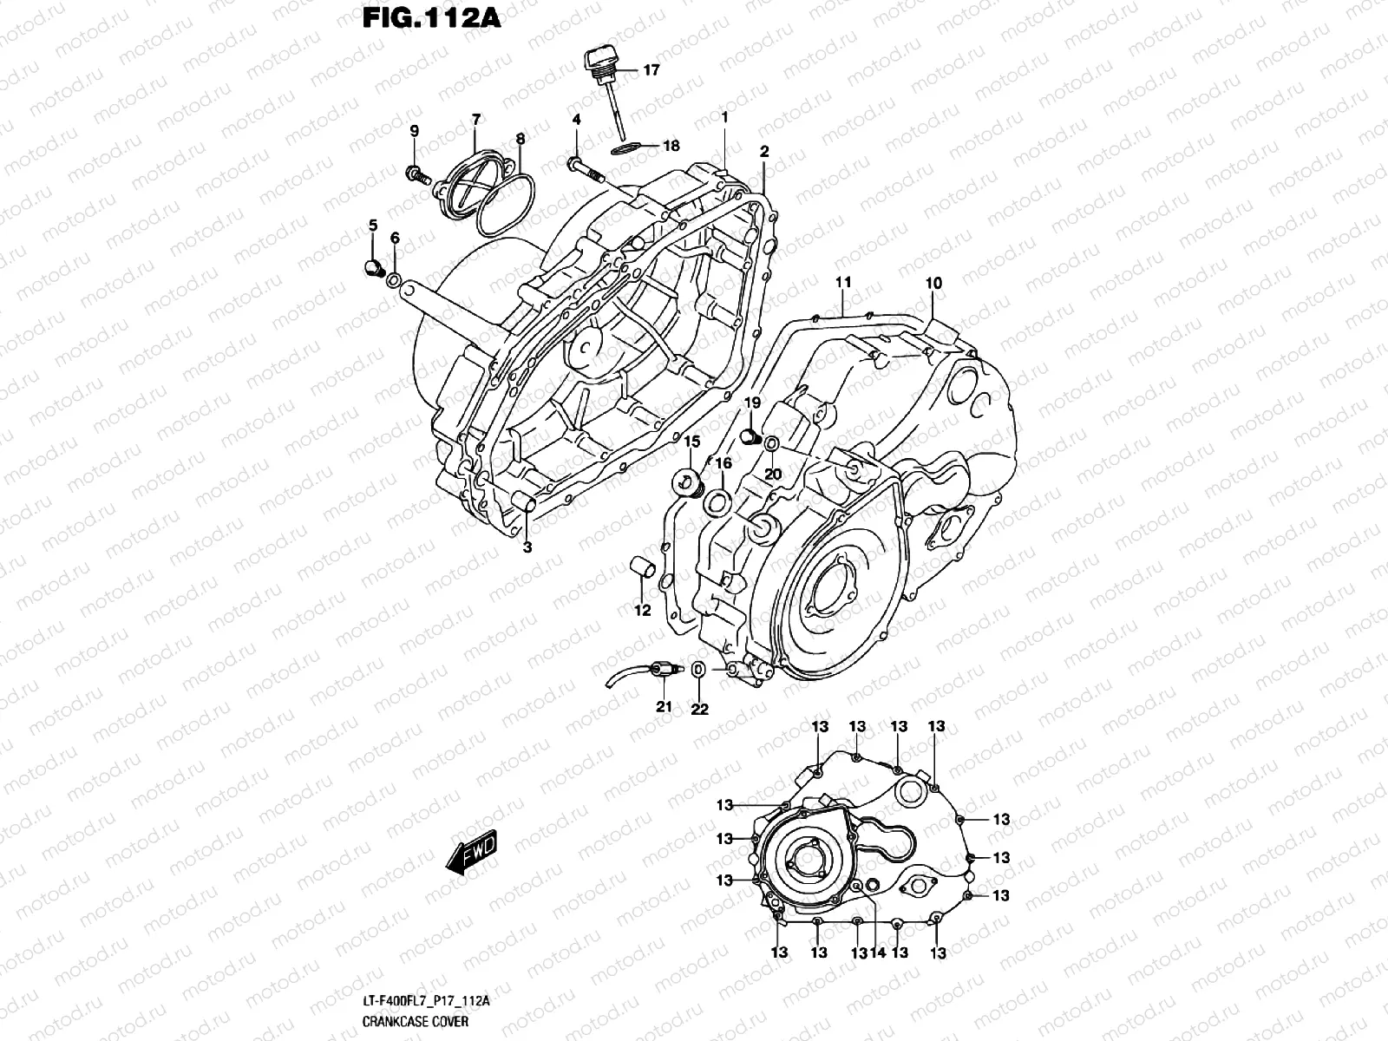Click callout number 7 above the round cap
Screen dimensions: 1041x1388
pyautogui.click(x=475, y=119)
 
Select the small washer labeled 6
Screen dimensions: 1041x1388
pyautogui.click(x=394, y=280)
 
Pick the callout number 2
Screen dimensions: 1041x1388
pyautogui.click(x=764, y=151)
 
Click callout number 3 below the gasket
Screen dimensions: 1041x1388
pyautogui.click(x=527, y=547)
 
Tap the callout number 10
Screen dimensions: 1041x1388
pyautogui.click(x=933, y=283)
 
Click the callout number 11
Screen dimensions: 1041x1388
pyautogui.click(x=842, y=283)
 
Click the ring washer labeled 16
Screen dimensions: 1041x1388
pyautogui.click(x=717, y=501)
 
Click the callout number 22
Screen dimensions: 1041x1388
pyautogui.click(x=699, y=709)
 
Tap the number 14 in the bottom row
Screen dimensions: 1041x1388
pyautogui.click(x=878, y=953)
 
